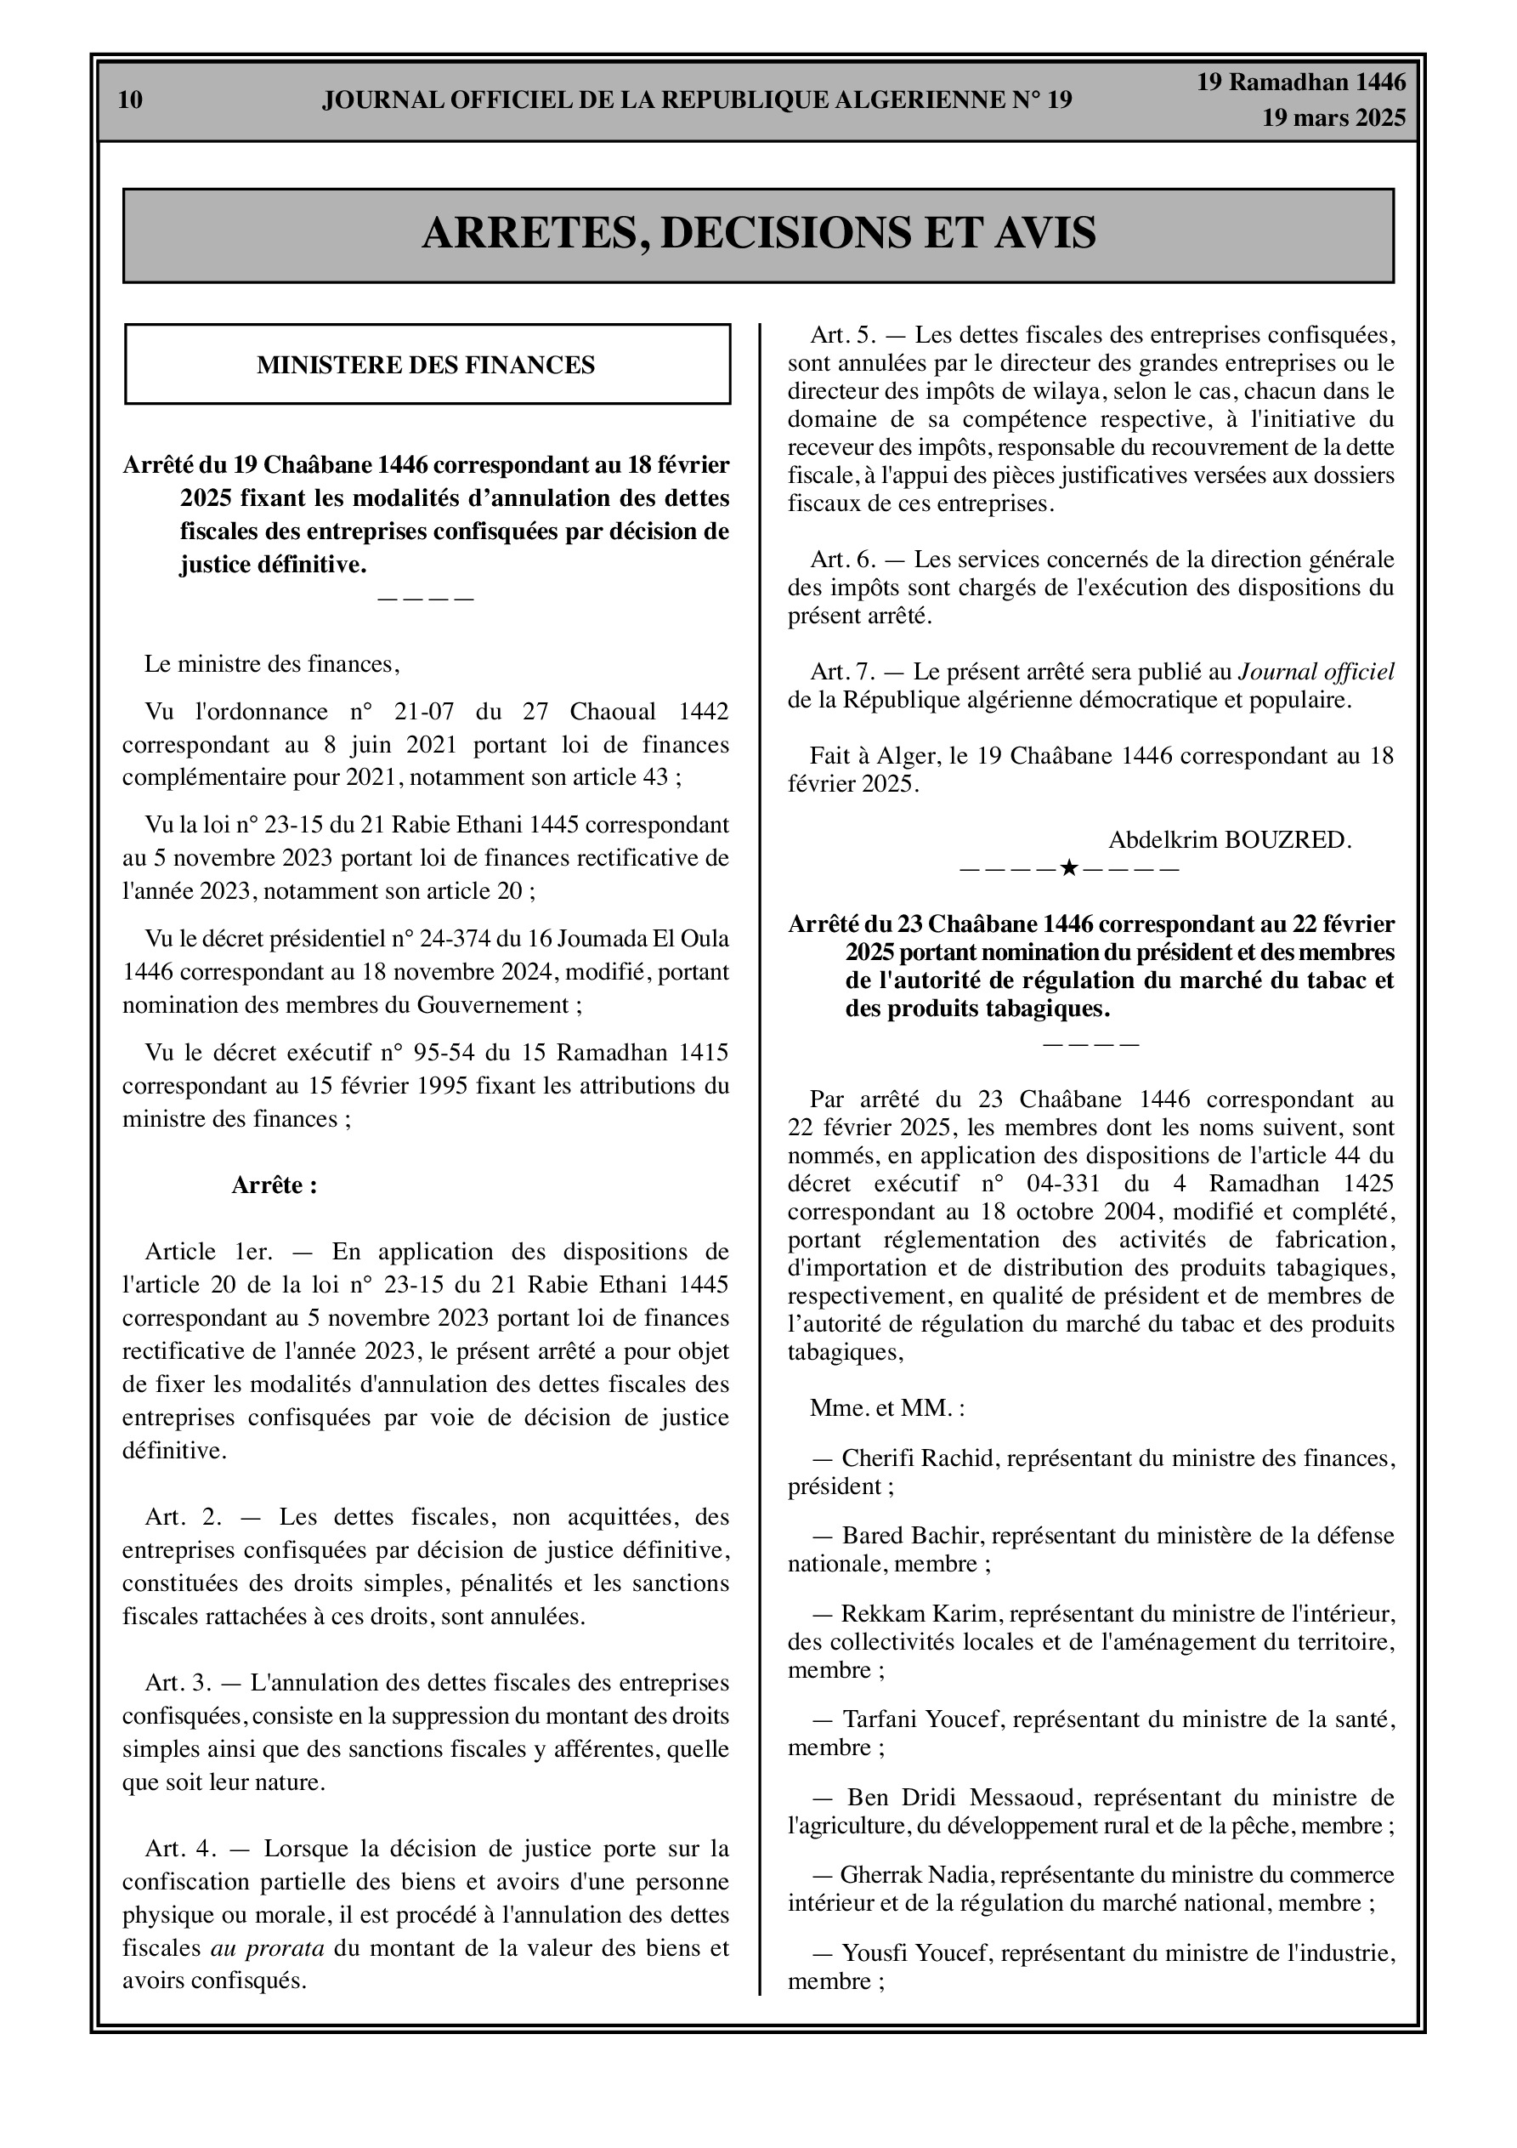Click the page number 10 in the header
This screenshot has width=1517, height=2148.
[130, 100]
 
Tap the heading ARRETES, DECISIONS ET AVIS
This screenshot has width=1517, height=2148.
[758, 234]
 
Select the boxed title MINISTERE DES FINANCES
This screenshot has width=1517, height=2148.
[426, 366]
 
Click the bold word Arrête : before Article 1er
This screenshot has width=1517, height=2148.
[274, 1186]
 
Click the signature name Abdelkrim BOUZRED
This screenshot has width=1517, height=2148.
[1229, 840]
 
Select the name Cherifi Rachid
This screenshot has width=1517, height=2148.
[916, 1458]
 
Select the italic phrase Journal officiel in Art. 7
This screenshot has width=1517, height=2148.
[1316, 672]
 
